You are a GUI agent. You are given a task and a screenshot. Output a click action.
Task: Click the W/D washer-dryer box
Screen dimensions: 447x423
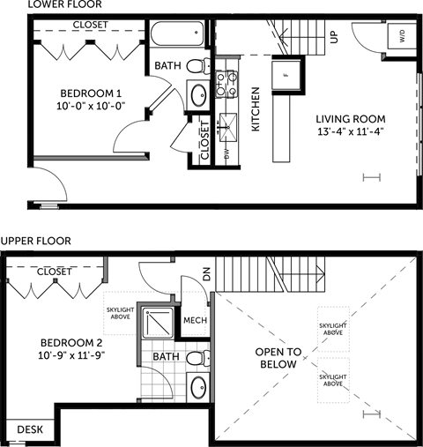402,38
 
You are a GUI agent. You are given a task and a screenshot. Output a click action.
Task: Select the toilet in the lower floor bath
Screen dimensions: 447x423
204,64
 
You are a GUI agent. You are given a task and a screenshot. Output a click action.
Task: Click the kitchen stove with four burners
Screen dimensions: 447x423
226,84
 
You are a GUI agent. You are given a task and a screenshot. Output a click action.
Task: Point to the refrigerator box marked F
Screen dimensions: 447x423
286,74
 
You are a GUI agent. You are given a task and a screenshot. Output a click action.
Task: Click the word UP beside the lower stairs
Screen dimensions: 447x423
334,38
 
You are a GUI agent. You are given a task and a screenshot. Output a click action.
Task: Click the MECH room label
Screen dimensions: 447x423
195,320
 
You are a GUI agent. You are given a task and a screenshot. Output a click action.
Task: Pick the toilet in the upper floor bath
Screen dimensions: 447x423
200,357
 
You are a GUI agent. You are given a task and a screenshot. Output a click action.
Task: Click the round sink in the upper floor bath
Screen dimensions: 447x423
198,387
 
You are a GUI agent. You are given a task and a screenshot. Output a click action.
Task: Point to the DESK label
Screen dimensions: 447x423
29,429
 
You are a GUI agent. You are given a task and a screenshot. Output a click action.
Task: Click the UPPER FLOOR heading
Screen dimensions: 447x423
36,240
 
